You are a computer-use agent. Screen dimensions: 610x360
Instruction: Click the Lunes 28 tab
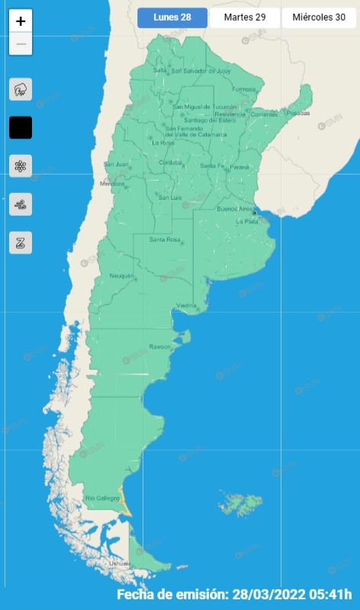[x=172, y=18]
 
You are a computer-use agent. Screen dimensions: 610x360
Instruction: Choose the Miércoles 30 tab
[x=319, y=18]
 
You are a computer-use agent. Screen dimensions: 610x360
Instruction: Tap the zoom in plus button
[x=21, y=21]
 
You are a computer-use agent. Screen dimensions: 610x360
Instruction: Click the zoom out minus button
[x=21, y=44]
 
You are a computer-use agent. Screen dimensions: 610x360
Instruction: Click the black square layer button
[x=21, y=127]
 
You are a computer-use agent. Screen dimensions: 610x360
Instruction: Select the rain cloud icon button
[x=21, y=89]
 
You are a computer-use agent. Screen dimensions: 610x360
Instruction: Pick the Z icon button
[x=21, y=242]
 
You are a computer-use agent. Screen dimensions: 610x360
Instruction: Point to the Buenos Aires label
[x=235, y=208]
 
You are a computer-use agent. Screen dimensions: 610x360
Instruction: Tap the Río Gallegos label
[x=102, y=498]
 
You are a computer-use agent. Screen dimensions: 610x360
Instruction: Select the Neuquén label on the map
[x=122, y=275]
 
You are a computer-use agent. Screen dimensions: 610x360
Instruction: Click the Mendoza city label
[x=112, y=184]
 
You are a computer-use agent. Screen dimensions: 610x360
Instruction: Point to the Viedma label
[x=187, y=306]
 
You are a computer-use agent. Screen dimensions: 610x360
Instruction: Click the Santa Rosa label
[x=164, y=240]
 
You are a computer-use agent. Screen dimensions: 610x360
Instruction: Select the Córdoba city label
[x=170, y=162]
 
